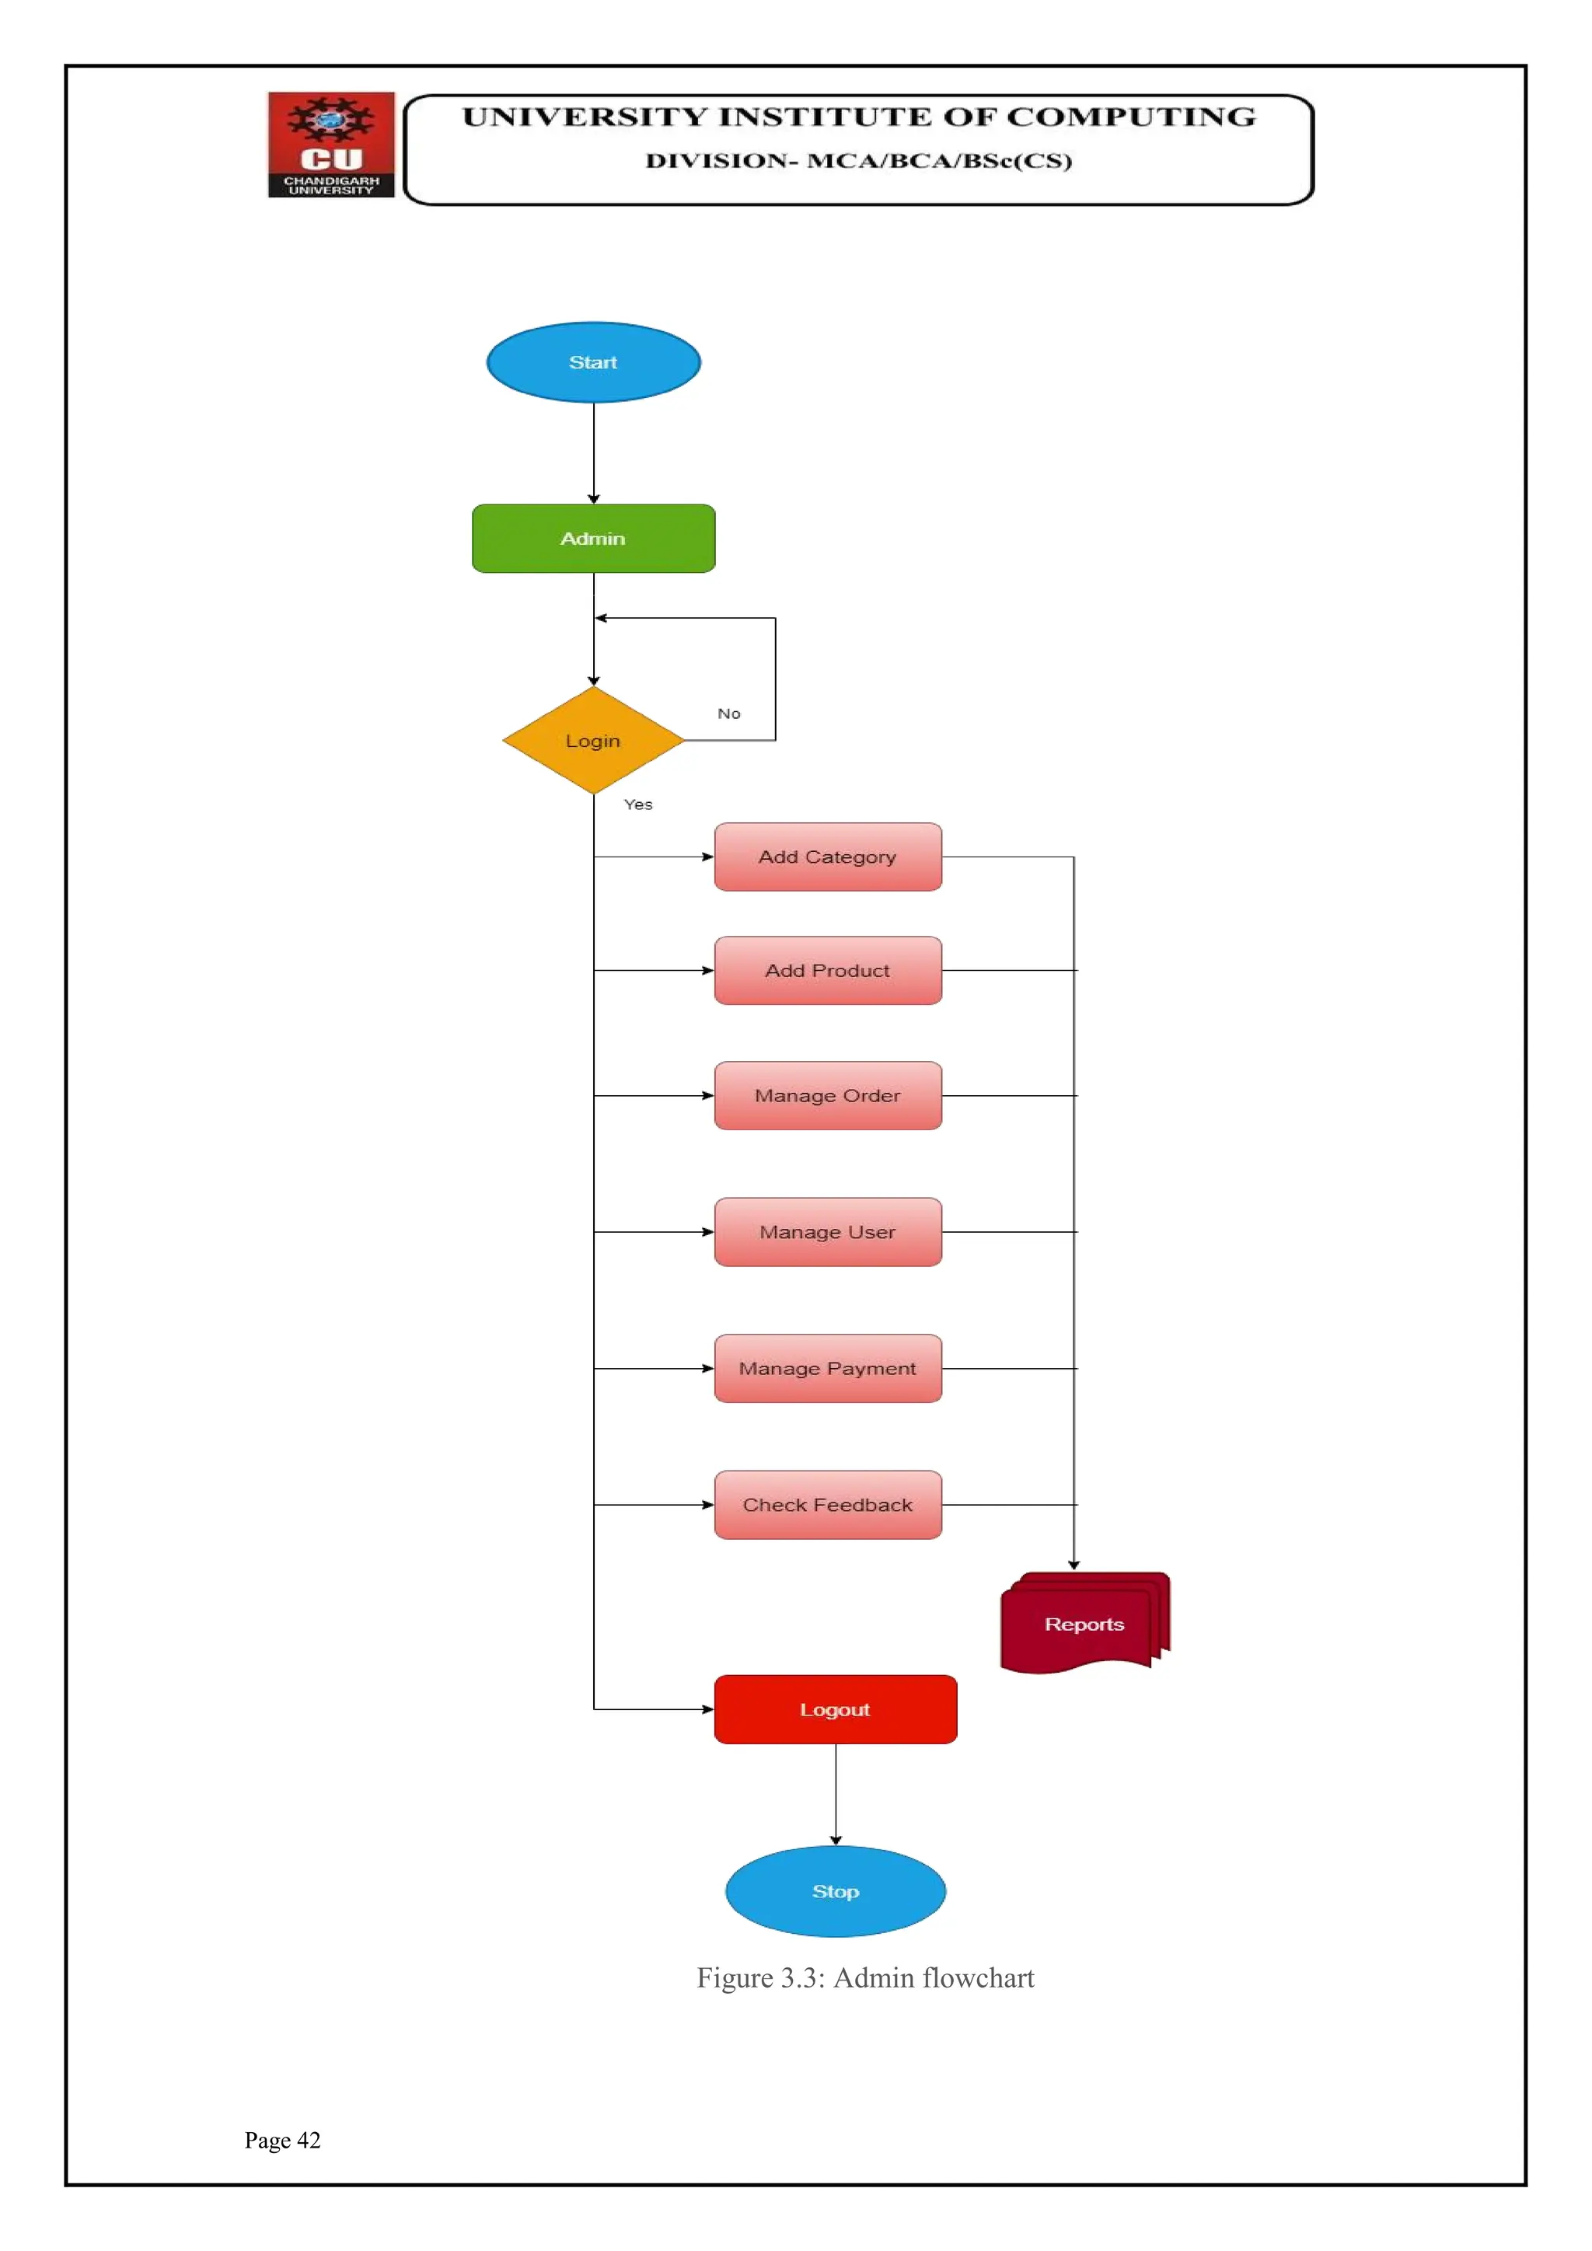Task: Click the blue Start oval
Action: (x=593, y=361)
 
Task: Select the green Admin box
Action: (x=593, y=538)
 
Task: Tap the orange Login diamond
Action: (x=593, y=740)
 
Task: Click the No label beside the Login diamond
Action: (x=728, y=714)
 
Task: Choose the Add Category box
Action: (x=827, y=857)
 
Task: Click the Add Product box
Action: (x=827, y=971)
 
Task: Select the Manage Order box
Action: (x=827, y=1095)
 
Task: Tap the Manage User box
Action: (x=827, y=1231)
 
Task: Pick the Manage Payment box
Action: (x=827, y=1368)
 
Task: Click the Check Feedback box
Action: (x=827, y=1504)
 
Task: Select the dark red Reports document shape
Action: (x=1083, y=1624)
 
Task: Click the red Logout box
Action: (x=835, y=1708)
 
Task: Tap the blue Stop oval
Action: (x=835, y=1891)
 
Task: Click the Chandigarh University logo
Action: (x=331, y=145)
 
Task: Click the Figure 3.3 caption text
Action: (x=864, y=1977)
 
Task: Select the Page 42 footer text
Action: (x=282, y=2140)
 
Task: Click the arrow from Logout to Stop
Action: (x=835, y=1794)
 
